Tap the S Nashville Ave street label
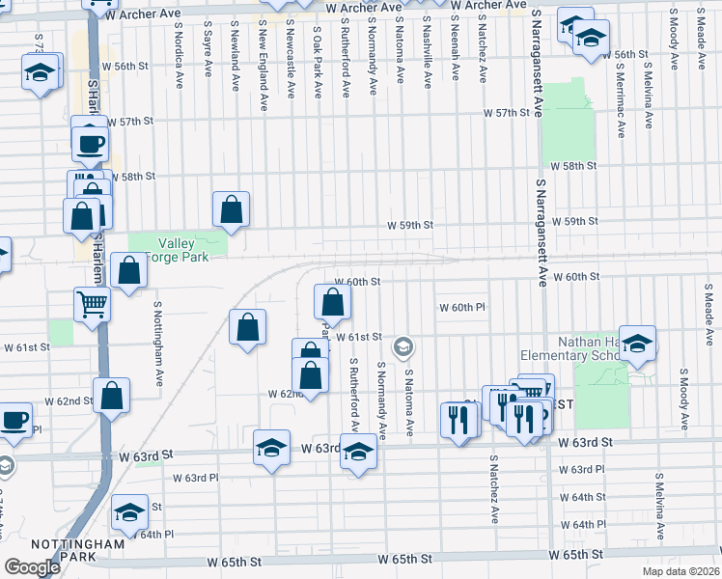427,59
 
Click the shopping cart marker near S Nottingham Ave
93,304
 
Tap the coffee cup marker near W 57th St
91,144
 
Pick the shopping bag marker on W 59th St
232,209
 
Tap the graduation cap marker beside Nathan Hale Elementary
637,344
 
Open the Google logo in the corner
32,567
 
